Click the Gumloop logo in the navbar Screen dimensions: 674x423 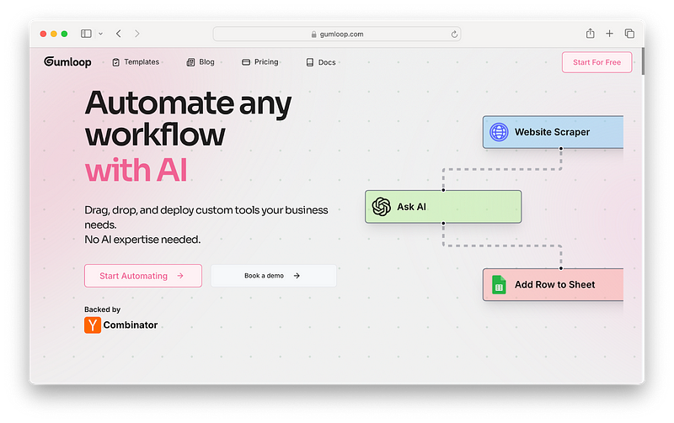(x=67, y=62)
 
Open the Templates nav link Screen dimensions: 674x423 (x=136, y=62)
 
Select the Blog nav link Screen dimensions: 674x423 (x=201, y=62)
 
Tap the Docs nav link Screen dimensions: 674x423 (x=321, y=62)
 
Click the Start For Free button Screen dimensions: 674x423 (x=596, y=62)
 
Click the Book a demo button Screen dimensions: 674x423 (x=273, y=276)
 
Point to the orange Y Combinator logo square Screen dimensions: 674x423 (x=93, y=325)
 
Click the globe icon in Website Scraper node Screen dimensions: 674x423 (x=499, y=132)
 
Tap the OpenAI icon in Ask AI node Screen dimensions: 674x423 (x=382, y=207)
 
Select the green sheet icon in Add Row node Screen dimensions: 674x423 (x=499, y=285)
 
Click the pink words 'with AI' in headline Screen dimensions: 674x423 (x=136, y=170)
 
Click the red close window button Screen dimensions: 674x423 (x=42, y=34)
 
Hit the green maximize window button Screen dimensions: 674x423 (x=65, y=34)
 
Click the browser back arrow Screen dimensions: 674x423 (x=118, y=34)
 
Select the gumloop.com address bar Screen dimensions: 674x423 (x=337, y=34)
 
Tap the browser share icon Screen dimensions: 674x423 (x=591, y=34)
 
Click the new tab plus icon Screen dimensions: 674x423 (x=610, y=34)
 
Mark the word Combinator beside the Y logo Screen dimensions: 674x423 (x=131, y=325)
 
